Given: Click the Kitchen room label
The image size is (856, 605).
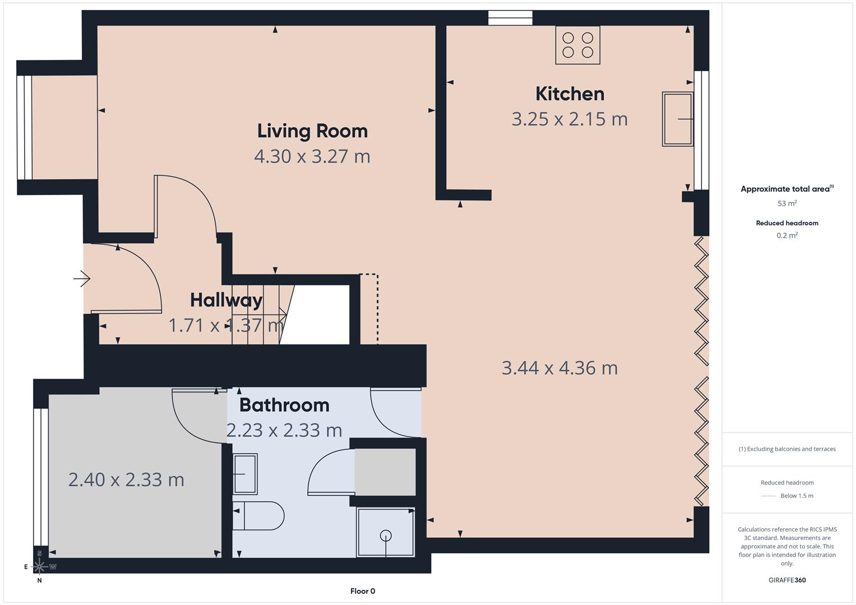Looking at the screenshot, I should point(570,94).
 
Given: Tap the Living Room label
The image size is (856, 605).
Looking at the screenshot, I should point(312,131).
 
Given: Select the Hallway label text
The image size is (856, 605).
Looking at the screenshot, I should point(226,300).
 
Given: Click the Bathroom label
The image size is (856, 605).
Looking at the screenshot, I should point(284,404).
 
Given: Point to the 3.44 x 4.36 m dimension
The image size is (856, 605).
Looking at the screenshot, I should point(559,368).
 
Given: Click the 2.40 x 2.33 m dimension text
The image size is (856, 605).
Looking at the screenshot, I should point(126,480).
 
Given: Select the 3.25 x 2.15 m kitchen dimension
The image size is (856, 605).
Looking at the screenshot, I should point(569,119).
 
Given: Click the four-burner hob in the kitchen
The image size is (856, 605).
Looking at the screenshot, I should point(577,45).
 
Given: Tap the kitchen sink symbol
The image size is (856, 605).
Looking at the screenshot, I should point(677,119).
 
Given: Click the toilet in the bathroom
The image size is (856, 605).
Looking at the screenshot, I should point(259,515).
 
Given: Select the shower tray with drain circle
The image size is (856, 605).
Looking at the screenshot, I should point(386,533).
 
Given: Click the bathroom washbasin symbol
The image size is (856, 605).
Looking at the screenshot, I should point(245,474).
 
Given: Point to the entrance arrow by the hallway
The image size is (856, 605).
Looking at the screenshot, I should point(82,278).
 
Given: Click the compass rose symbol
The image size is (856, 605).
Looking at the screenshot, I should point(39,566).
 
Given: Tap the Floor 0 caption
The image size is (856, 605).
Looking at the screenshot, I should point(363,591).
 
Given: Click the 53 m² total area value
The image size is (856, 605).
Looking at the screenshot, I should point(787,203).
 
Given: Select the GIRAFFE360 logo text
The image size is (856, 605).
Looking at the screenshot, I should point(787,580).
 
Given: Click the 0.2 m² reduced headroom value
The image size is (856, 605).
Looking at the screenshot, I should point(787,235).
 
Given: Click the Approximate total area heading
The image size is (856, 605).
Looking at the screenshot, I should point(786,189).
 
